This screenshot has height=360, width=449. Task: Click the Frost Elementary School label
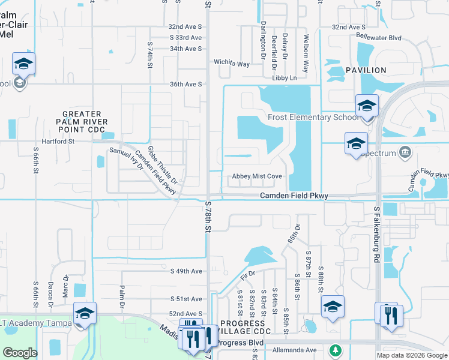314,117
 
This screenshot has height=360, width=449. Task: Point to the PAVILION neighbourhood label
366,70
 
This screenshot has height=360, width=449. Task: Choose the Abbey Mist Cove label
257,176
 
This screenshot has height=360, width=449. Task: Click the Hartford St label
57,142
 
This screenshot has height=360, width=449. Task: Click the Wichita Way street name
232,63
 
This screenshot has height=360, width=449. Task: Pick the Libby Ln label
285,78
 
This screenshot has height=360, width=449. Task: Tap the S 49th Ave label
186,271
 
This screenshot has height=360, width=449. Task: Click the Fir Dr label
248,275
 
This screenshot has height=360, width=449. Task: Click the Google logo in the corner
20,353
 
